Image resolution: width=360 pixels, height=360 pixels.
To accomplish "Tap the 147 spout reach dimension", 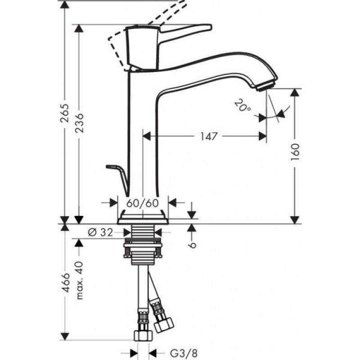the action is [208, 136].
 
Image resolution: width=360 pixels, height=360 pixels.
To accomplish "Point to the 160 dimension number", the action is [295, 152].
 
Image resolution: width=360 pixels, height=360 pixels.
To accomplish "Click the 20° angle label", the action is [243, 105].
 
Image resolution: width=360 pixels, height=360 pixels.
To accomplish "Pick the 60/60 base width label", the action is [143, 203].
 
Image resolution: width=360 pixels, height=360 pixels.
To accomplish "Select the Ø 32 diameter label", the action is [100, 233].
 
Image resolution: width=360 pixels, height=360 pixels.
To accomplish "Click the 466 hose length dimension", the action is [66, 283].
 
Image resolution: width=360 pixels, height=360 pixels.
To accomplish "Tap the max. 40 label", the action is [80, 280].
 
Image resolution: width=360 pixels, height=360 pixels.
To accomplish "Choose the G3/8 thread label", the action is [184, 353].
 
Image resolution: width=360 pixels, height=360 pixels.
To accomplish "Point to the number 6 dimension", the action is [192, 245].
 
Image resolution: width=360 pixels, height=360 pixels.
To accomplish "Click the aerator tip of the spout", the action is [265, 86].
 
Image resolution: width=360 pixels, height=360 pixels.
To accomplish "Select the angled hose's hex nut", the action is [164, 324].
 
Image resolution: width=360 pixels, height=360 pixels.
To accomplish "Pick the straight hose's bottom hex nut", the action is [143, 335].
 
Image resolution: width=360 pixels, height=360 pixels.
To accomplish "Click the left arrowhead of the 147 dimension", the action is [147, 136].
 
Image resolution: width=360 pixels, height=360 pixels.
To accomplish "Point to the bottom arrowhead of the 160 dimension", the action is [295, 220].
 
